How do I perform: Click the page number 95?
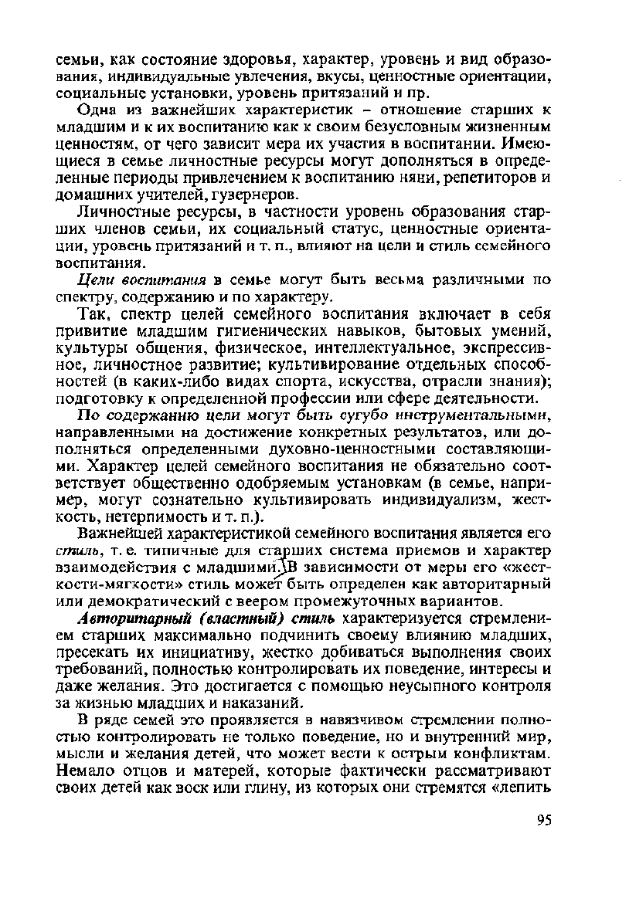click(544, 820)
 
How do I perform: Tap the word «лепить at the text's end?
click(520, 782)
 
